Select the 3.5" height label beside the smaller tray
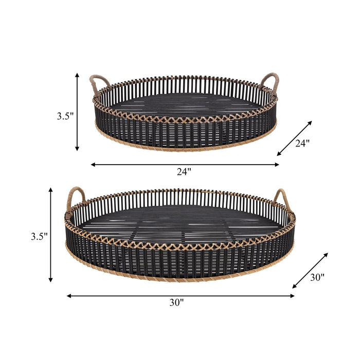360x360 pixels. pos(65,116)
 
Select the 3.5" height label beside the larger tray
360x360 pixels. pos(39,237)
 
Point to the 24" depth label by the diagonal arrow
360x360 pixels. pos(302,144)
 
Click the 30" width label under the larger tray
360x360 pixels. pos(176,303)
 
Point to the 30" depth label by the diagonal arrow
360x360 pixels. pos(317,278)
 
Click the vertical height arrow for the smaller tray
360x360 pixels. pos(77,112)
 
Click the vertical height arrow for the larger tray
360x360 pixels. pos(50,235)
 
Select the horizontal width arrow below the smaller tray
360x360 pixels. pos(185,165)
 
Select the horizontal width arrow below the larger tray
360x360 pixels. pos(181,296)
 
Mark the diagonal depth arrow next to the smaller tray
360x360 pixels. pos(294,138)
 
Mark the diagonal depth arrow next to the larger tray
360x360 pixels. pos(310,271)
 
